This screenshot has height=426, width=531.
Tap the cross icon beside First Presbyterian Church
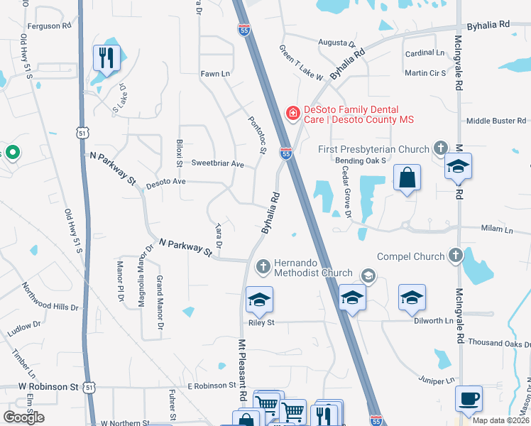[440, 148]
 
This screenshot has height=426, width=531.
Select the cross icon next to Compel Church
[455, 256]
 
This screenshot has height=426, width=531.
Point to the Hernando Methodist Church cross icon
[263, 266]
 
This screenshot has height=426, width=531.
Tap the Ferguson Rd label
[50, 26]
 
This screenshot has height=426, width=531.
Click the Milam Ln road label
[497, 229]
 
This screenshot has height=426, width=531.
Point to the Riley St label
[261, 322]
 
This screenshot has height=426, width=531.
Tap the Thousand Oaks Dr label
[499, 343]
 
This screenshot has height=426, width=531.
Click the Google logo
[23, 417]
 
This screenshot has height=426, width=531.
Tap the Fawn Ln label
[215, 74]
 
